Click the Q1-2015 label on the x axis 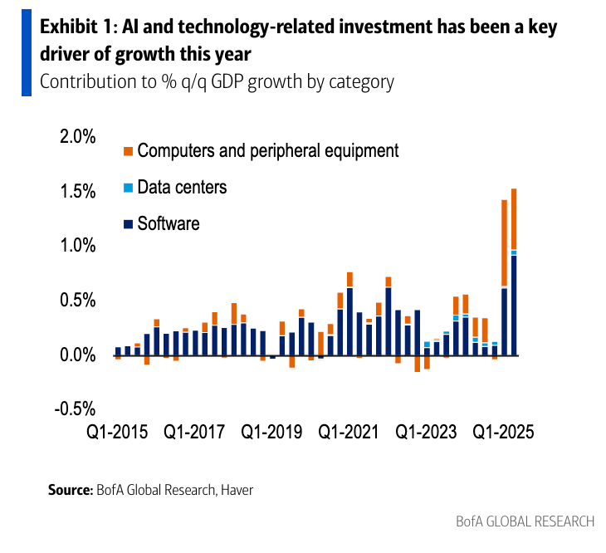[118, 433]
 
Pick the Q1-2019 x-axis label [272, 433]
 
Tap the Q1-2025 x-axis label [504, 433]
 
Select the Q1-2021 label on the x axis [349, 433]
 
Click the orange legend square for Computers [127, 151]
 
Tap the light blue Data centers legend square [127, 188]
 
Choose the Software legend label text [169, 223]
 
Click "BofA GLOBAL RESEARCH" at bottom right [525, 521]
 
